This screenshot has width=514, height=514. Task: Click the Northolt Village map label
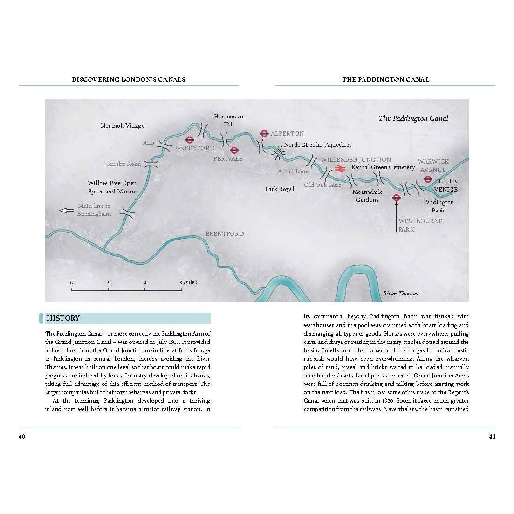pos(123,126)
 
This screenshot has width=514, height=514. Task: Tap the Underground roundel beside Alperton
pos(264,133)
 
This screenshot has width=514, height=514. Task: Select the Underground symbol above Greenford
pos(190,139)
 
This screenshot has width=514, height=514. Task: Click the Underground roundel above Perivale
pos(234,150)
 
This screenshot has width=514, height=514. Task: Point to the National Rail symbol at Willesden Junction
pos(339,169)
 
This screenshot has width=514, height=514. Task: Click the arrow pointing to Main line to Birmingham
pos(67,210)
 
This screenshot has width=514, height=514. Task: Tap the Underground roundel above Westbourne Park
pos(397,198)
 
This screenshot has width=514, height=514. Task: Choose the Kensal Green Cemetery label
pos(383,167)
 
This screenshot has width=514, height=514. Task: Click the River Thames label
pos(400,294)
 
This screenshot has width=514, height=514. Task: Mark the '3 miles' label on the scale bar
pos(188,282)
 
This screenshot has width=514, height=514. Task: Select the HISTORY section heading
pos(63,318)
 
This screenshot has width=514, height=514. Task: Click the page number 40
pos(22,437)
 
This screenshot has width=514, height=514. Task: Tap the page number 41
pos(492,437)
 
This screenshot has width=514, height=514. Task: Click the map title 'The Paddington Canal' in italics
pos(413,118)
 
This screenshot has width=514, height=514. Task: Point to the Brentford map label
pos(225,234)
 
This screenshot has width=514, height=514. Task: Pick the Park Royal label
pos(280,189)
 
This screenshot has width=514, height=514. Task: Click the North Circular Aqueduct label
pos(317,145)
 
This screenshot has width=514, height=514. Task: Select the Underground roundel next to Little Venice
pos(428,179)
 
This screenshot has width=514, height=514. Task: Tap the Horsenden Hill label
pos(228,120)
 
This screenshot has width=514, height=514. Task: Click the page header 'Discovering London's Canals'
pos(129,79)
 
